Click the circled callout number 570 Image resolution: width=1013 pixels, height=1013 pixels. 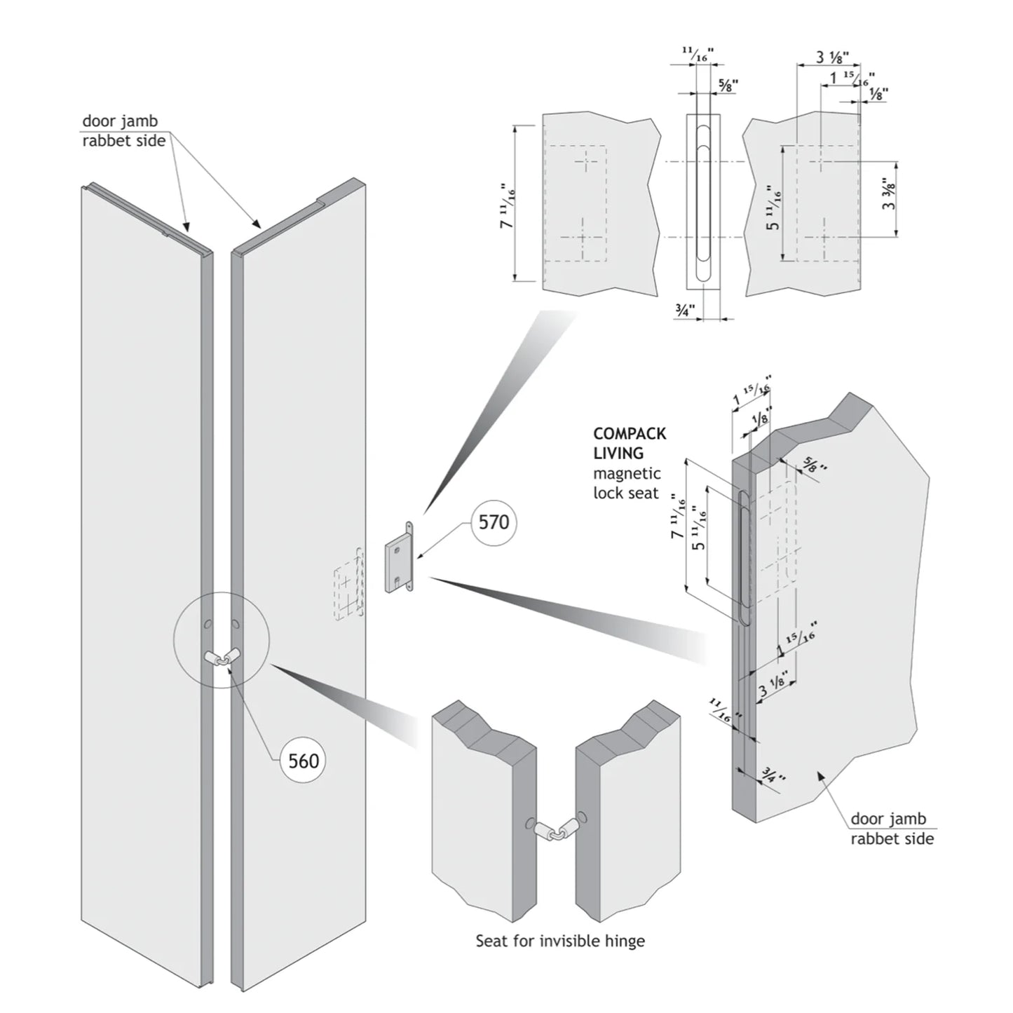(494, 522)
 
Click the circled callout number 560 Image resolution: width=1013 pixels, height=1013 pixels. (304, 761)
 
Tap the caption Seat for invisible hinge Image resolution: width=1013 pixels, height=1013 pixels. (560, 940)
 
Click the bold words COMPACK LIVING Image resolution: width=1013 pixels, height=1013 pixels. (629, 444)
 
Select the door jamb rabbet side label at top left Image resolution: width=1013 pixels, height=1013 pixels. (123, 131)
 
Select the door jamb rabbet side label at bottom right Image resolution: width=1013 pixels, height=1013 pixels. (892, 829)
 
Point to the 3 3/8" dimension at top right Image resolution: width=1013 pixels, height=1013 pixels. (890, 196)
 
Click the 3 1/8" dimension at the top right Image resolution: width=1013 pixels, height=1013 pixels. (832, 57)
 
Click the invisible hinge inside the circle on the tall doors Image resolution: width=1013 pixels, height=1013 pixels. (222, 657)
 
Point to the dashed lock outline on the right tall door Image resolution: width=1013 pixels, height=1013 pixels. (348, 583)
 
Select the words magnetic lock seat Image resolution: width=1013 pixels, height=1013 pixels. (627, 484)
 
